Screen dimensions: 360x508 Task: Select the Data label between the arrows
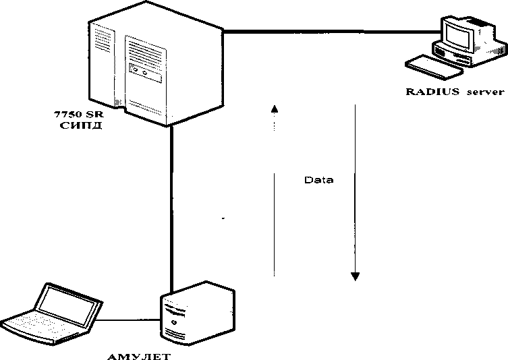pos(318,181)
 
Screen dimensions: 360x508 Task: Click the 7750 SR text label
pos(80,115)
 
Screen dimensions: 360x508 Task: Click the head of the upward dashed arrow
pos(274,108)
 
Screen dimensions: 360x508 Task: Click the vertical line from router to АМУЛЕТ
pos(173,202)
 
